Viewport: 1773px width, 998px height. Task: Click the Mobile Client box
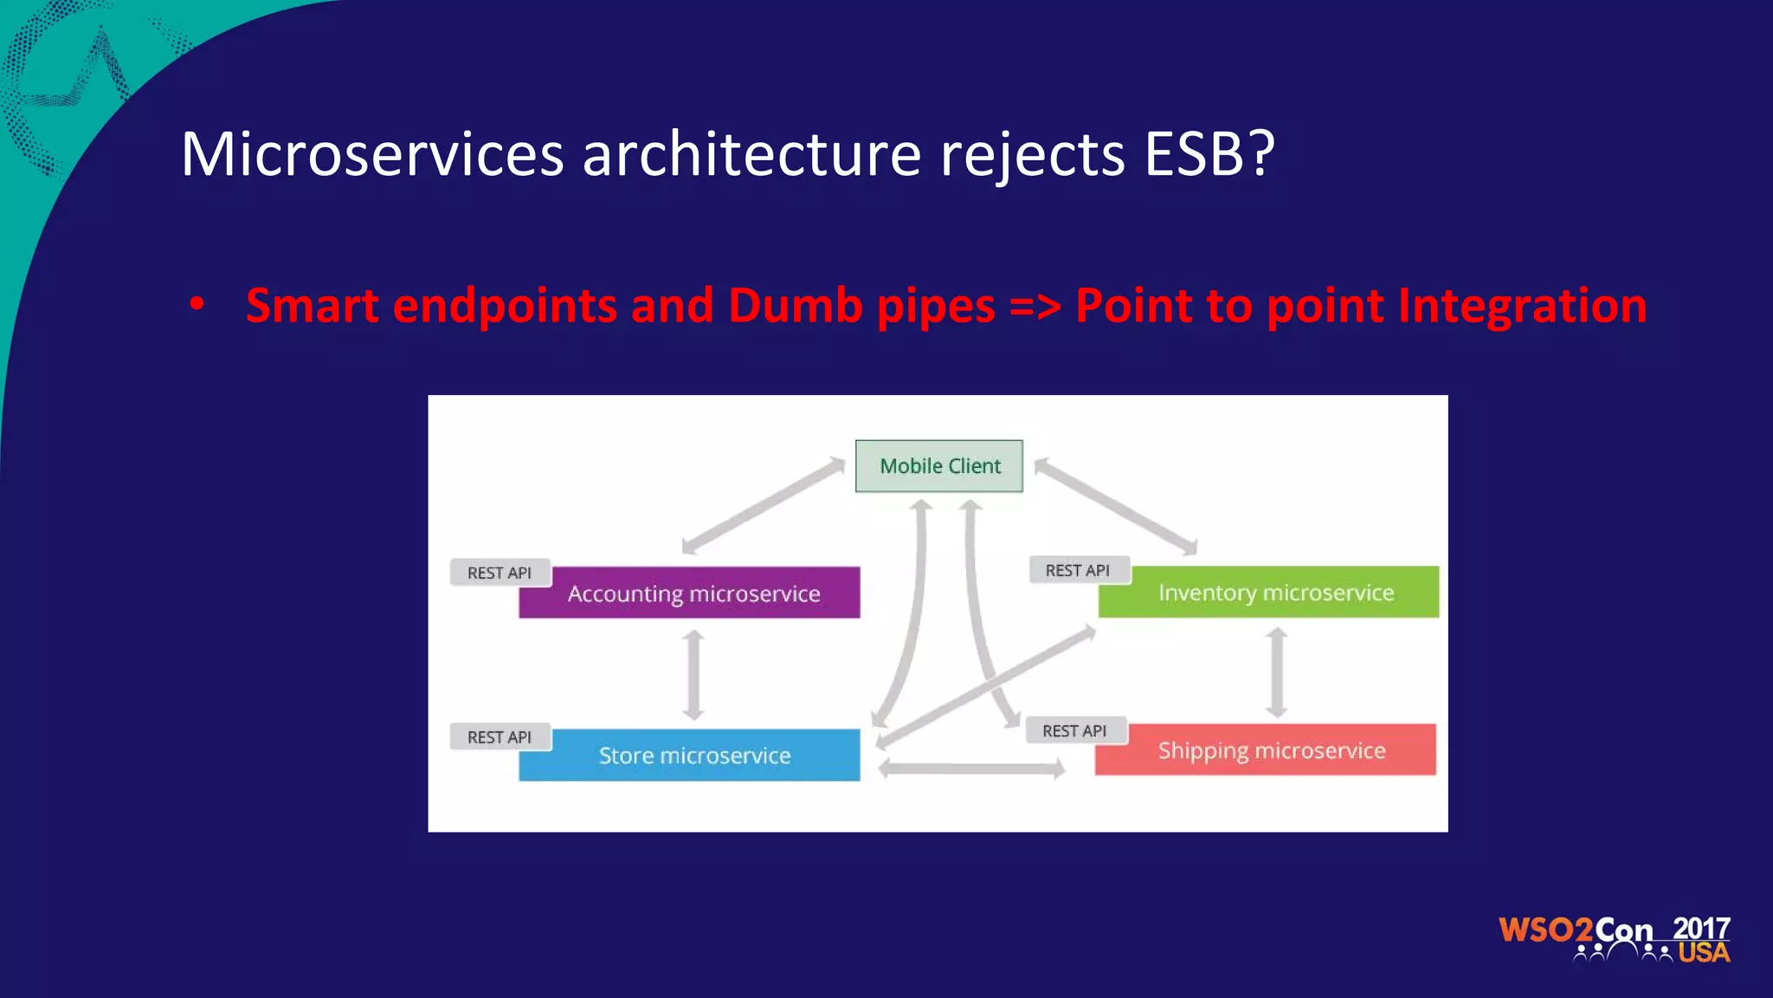tap(939, 466)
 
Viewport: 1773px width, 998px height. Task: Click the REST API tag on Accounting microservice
tap(500, 573)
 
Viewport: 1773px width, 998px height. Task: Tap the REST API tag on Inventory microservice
tap(1078, 570)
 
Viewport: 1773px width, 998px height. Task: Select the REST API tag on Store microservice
tap(500, 737)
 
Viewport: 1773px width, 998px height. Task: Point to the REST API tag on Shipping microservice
tap(1074, 731)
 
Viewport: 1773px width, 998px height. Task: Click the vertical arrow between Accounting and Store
tap(693, 675)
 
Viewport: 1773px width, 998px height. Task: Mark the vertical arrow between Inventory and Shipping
tap(1277, 673)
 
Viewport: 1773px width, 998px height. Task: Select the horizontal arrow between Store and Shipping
tap(971, 768)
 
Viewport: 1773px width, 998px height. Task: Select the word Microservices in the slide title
tap(372, 154)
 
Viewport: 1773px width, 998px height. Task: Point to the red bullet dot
tap(197, 304)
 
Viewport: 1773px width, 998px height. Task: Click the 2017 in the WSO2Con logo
tap(1700, 928)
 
